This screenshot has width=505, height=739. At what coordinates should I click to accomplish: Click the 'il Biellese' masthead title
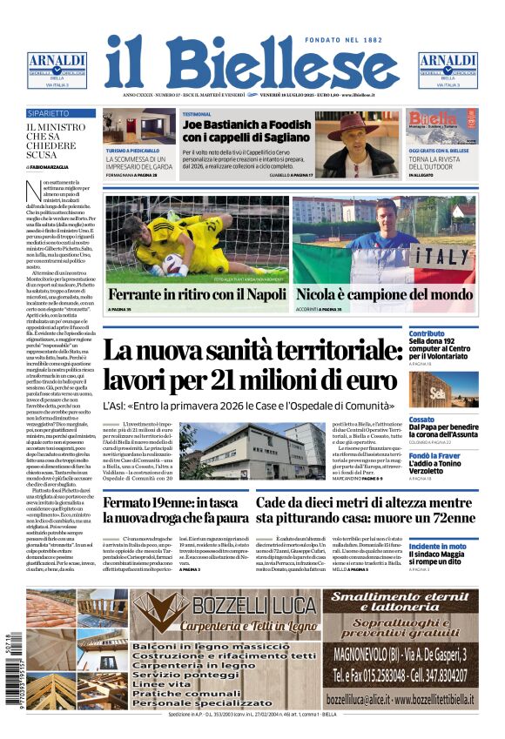(252, 64)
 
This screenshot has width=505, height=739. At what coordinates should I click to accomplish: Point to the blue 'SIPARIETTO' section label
(49, 113)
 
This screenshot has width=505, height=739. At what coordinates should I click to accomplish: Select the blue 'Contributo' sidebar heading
(427, 333)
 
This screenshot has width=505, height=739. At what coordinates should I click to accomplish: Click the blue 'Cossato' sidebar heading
(422, 419)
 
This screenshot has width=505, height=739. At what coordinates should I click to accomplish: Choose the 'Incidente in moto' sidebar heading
(438, 546)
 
